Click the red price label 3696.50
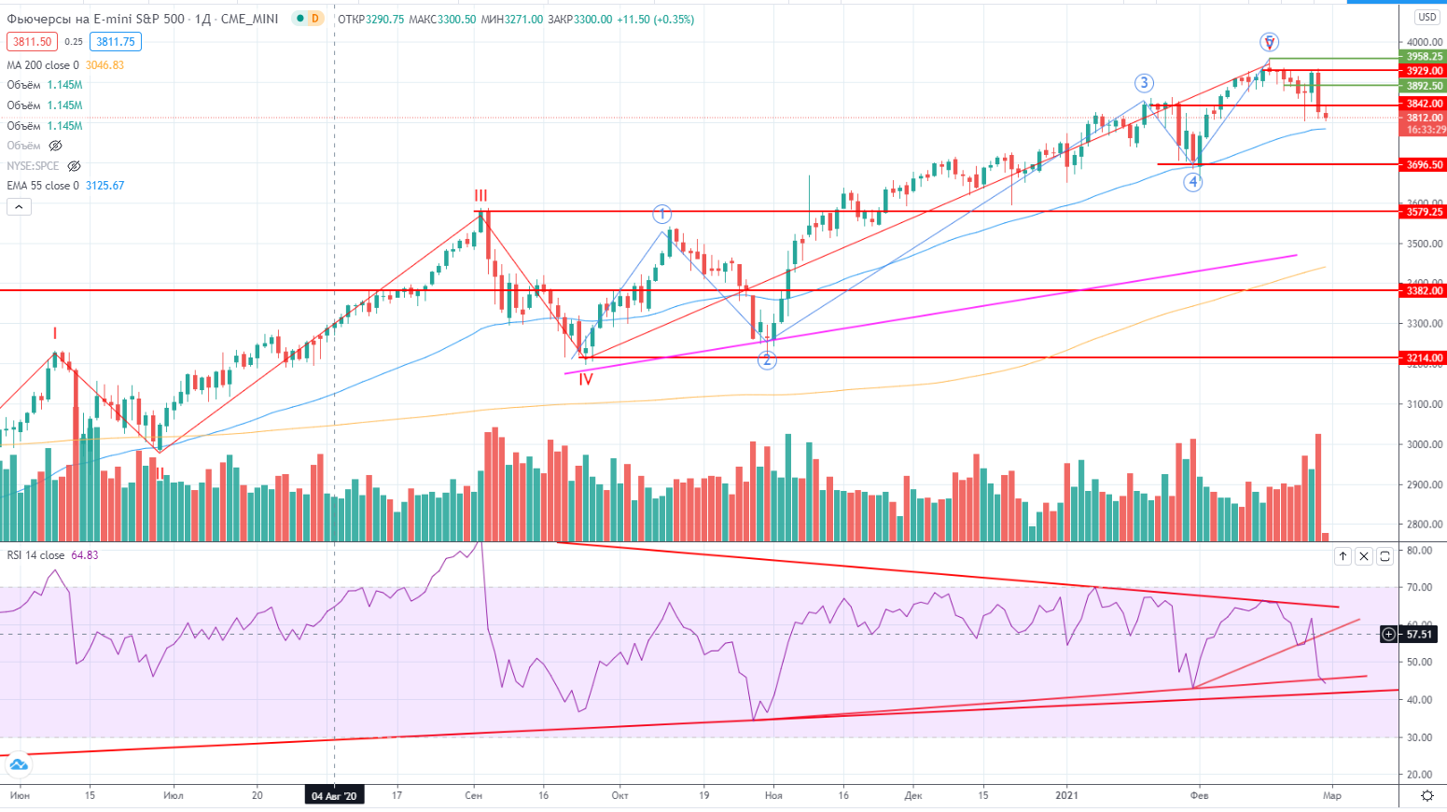1425,164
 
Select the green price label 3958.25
1425,57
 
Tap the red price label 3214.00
1425,357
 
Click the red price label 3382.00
1425,291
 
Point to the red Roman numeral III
480,196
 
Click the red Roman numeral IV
585,379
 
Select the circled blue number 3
1144,83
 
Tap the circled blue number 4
1193,182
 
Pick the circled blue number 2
767,360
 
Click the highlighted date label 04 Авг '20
334,795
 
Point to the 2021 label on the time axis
1066,795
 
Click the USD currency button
1426,17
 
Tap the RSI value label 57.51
1419,635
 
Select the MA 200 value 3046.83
104,65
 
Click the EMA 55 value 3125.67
104,186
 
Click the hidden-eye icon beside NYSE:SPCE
74,166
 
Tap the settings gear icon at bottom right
1426,795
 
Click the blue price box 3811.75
116,41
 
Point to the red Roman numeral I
55,333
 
